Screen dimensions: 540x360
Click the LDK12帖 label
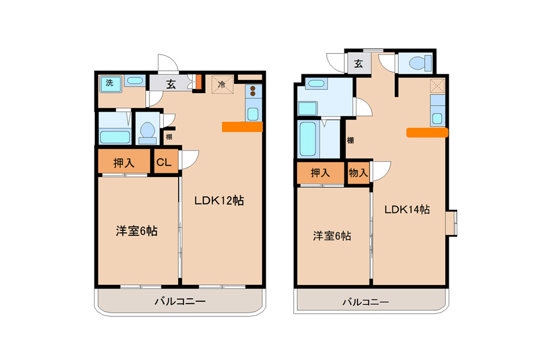pos(219,200)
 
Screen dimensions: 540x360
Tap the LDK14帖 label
pos(407,209)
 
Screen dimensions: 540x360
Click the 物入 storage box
pos(358,173)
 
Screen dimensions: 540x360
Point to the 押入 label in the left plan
pos(124,162)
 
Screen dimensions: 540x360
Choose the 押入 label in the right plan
pos(320,172)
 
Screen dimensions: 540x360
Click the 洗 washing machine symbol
pos(110,84)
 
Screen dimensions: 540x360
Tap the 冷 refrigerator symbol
pos(222,84)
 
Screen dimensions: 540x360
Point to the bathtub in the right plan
pos(308,139)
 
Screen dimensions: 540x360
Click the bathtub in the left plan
pos(115,137)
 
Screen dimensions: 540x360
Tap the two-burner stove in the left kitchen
pos(253,91)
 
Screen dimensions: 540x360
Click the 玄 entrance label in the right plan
pos(359,64)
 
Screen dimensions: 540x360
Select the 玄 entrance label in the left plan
pos(171,84)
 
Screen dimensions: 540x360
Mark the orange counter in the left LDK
pos(242,127)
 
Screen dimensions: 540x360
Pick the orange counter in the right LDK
pos(427,133)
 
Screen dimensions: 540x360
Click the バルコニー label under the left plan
pos(180,301)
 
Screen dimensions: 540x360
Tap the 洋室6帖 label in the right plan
pos(332,236)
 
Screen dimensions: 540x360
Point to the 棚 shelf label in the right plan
pos(350,140)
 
